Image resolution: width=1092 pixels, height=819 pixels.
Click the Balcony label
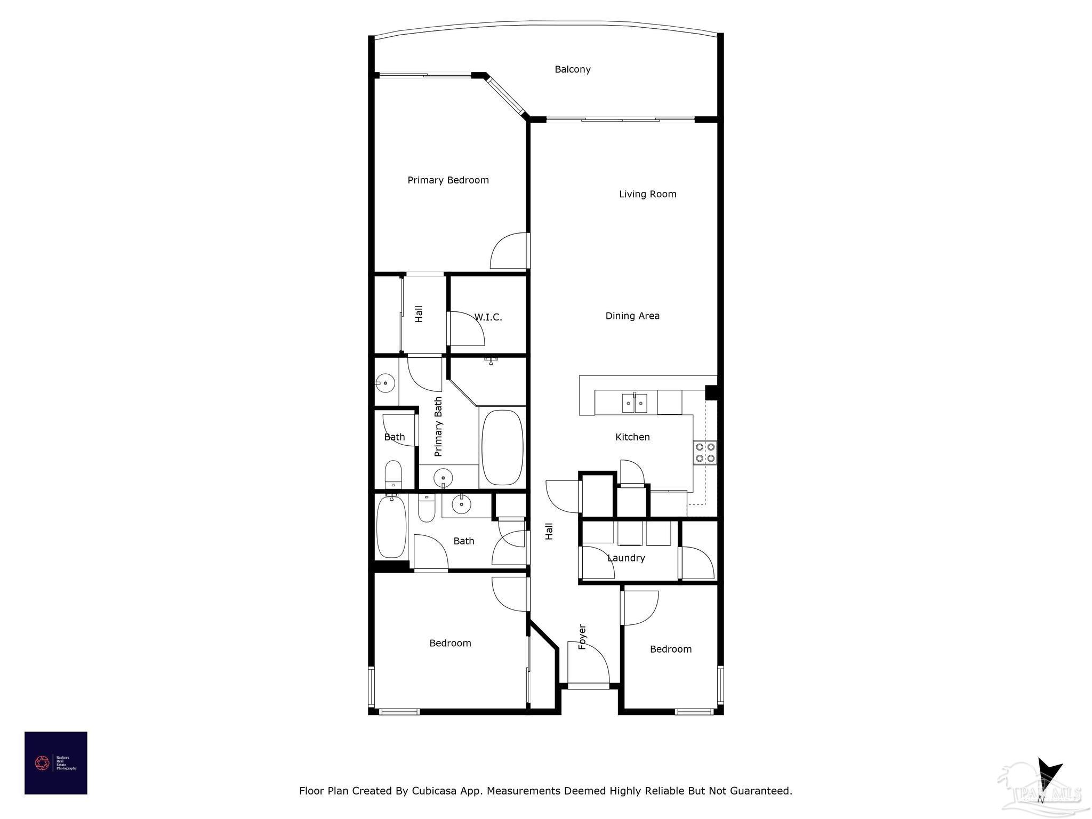pos(572,69)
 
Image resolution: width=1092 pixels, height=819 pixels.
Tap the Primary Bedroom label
pos(448,180)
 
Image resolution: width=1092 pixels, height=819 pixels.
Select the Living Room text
pos(647,194)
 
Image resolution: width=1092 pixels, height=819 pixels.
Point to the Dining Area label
pos(632,316)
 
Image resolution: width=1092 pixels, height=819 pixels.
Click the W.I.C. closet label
pos(488,317)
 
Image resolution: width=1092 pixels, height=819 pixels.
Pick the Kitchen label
pos(632,437)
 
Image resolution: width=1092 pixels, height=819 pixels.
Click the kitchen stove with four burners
pos(705,453)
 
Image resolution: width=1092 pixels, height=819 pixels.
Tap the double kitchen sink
pos(635,403)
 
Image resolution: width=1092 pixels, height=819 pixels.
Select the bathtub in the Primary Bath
pos(502,447)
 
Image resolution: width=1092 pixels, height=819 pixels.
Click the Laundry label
pos(626,558)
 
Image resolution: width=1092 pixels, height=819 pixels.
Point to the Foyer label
pos(582,637)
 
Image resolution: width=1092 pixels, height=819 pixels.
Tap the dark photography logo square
pos(56,763)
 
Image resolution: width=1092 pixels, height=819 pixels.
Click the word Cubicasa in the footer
pos(433,791)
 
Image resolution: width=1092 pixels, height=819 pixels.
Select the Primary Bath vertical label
pos(438,427)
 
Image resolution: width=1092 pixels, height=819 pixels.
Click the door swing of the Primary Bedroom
pos(509,252)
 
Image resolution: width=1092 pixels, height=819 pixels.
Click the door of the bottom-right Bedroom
pos(639,608)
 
